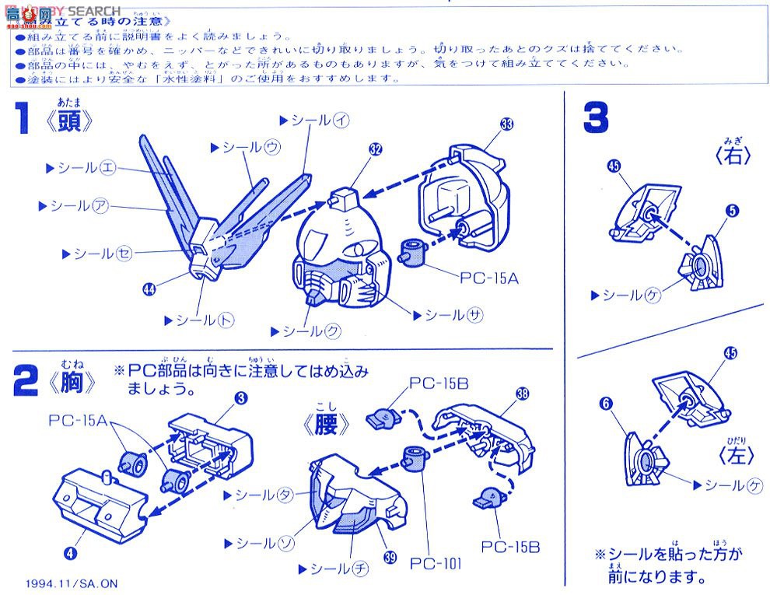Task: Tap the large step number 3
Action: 597,119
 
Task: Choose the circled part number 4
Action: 71,553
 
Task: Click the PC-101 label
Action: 436,562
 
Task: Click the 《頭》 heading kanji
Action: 75,122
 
